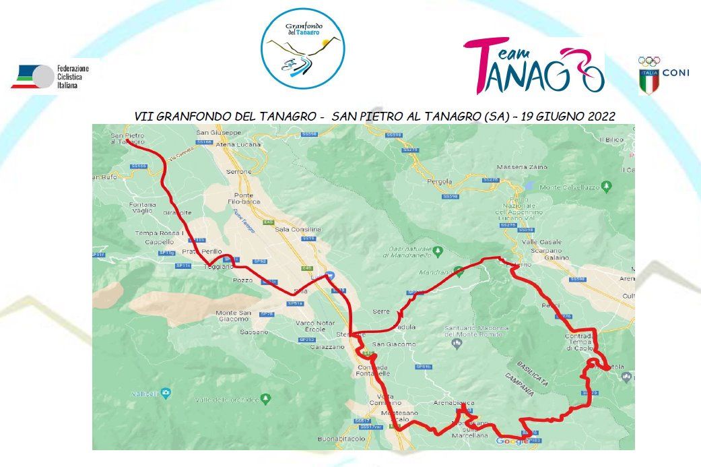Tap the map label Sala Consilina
tap(298, 229)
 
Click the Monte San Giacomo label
tap(233, 315)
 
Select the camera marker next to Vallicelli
tap(166, 392)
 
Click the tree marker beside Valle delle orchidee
tap(265, 399)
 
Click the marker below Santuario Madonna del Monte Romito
tap(457, 344)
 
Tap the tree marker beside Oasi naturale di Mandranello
tap(438, 251)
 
